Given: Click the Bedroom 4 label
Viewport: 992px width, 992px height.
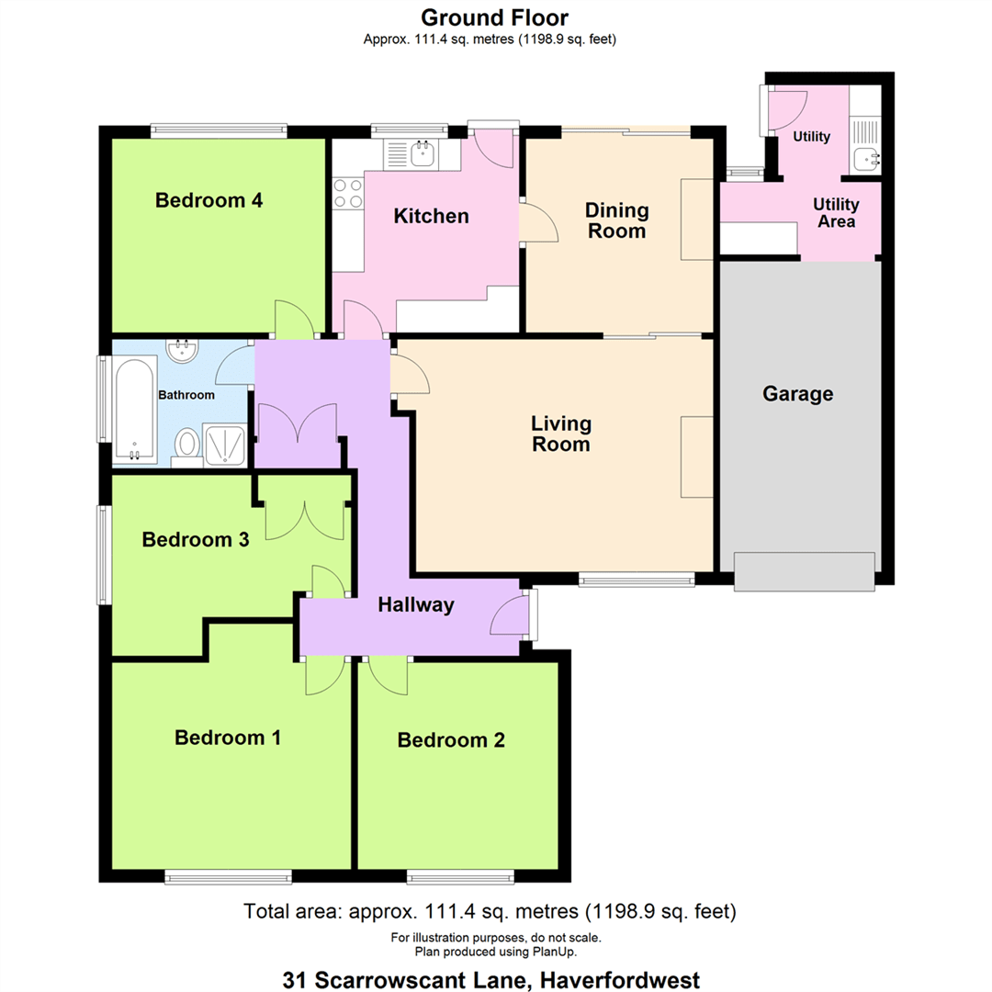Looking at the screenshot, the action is tap(209, 200).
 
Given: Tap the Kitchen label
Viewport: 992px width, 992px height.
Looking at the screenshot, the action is tap(432, 217).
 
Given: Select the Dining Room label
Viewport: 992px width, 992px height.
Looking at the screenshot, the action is tap(617, 220).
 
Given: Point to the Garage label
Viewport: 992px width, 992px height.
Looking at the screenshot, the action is tap(798, 394).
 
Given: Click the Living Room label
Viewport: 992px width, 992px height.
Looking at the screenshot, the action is tap(561, 434).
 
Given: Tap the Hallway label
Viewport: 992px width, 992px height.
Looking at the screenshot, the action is tap(416, 605).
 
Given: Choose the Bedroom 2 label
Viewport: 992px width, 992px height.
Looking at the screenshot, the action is tap(451, 740).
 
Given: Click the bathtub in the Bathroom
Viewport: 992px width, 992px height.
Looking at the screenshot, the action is tap(135, 410).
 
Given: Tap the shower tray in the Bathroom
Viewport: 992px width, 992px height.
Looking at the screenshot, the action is tap(225, 445).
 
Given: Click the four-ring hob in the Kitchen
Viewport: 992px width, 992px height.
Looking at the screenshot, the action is tap(348, 194).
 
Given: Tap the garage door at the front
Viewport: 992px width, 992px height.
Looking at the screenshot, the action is tap(804, 572).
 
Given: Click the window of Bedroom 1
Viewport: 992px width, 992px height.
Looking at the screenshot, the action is tap(229, 876).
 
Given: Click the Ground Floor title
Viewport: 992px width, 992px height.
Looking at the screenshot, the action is tap(495, 17).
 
